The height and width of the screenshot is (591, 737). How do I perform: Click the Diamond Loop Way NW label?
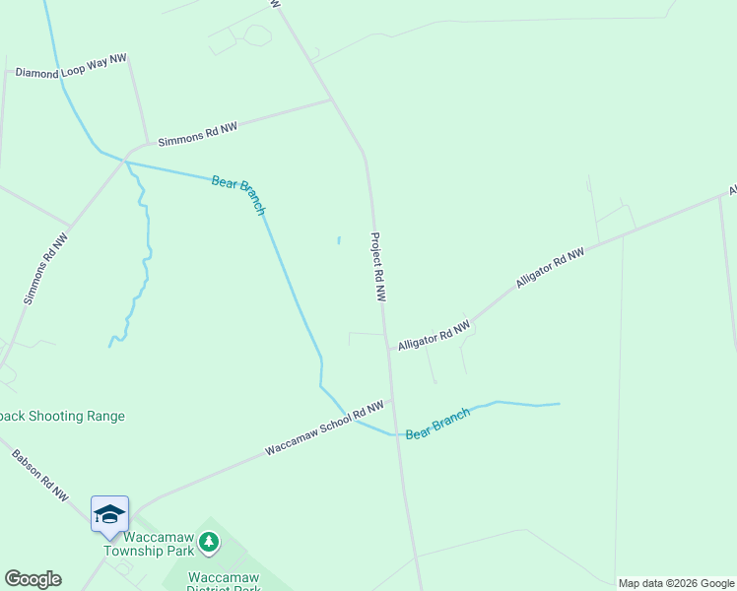pyautogui.click(x=71, y=66)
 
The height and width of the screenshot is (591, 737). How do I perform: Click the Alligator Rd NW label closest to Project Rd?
pyautogui.click(x=434, y=335)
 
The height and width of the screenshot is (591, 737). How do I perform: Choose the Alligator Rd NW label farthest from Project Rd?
pyautogui.click(x=550, y=268)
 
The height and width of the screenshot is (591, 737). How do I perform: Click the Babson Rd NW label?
pyautogui.click(x=40, y=474)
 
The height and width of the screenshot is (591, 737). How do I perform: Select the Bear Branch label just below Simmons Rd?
pyautogui.click(x=238, y=194)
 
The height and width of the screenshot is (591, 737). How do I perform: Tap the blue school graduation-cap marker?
pyautogui.click(x=109, y=514)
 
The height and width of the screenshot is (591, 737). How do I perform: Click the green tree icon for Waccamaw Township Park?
pyautogui.click(x=208, y=541)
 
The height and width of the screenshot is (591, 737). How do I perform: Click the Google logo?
pyautogui.click(x=33, y=579)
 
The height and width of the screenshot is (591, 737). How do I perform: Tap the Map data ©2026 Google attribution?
pyautogui.click(x=676, y=583)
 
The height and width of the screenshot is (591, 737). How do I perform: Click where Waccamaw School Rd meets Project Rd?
pyautogui.click(x=392, y=400)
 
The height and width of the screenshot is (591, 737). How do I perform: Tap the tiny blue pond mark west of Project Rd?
pyautogui.click(x=339, y=238)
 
